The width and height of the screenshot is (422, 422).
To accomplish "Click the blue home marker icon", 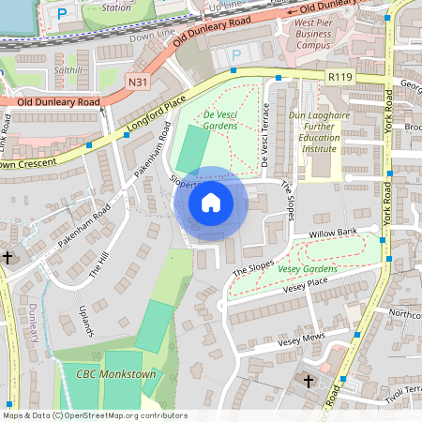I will pyautogui.click(x=211, y=203).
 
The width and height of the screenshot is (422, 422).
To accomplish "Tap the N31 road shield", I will pyautogui.click(x=137, y=83).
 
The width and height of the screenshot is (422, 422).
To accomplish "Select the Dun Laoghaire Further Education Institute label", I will pyautogui.click(x=330, y=129).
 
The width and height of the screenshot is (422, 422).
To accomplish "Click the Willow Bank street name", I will pyautogui.click(x=336, y=231).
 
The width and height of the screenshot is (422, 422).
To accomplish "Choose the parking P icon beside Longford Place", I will pyautogui.click(x=235, y=55).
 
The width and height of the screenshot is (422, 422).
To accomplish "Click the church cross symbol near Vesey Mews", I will pyautogui.click(x=309, y=380).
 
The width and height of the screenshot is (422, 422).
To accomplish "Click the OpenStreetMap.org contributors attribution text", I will pyautogui.click(x=127, y=415).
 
